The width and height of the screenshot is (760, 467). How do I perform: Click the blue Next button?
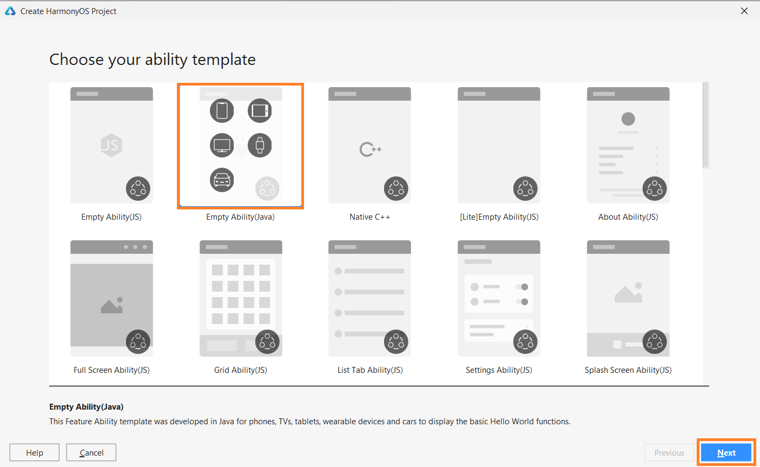(x=726, y=452)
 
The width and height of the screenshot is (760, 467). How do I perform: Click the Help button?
(x=34, y=452)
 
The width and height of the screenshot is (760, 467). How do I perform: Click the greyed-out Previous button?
(x=669, y=452)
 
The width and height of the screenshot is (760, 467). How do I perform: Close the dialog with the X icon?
(x=744, y=11)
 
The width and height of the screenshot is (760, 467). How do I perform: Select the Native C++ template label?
(x=369, y=217)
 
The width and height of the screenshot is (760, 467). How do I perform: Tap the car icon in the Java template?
(x=222, y=180)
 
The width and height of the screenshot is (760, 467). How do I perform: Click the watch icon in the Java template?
(x=260, y=145)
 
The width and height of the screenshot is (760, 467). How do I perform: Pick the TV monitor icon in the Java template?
(x=222, y=145)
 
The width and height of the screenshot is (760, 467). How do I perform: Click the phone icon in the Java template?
(x=222, y=110)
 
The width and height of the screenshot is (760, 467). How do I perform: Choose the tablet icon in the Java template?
(x=260, y=110)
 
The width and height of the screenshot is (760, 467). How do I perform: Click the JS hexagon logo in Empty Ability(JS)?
(x=111, y=145)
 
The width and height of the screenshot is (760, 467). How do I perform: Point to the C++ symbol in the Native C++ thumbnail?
(x=370, y=149)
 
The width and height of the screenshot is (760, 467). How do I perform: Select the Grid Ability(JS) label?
(x=241, y=370)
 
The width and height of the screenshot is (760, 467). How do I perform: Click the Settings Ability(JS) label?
(x=499, y=370)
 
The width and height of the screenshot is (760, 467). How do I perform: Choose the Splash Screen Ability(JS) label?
(x=628, y=370)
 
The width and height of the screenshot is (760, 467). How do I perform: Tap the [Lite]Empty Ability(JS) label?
(x=499, y=217)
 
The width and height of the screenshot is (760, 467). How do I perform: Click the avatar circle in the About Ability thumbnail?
(x=628, y=119)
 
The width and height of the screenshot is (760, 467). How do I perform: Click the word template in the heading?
(x=224, y=60)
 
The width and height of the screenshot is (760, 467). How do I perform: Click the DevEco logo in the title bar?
(x=10, y=11)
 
